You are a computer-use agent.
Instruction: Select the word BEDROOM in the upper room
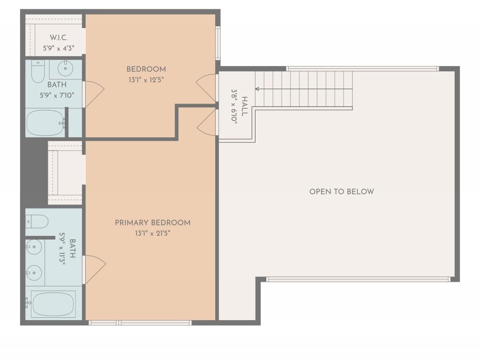click(x=146, y=69)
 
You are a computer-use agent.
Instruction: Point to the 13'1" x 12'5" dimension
click(x=146, y=80)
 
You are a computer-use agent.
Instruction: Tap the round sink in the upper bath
click(x=65, y=69)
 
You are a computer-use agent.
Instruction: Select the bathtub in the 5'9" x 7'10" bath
click(x=45, y=123)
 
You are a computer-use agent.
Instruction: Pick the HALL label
click(x=244, y=104)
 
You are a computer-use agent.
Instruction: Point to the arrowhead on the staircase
click(x=257, y=89)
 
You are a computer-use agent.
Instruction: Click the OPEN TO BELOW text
click(x=342, y=191)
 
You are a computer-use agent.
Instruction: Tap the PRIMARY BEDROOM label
click(x=153, y=223)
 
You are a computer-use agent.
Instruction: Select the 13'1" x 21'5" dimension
click(x=153, y=233)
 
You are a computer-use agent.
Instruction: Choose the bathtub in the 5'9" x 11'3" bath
click(x=52, y=304)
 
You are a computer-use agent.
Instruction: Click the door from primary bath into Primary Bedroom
click(x=94, y=270)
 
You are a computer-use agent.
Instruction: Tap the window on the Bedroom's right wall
click(x=217, y=43)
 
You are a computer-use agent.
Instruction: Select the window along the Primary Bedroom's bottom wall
click(x=140, y=322)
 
